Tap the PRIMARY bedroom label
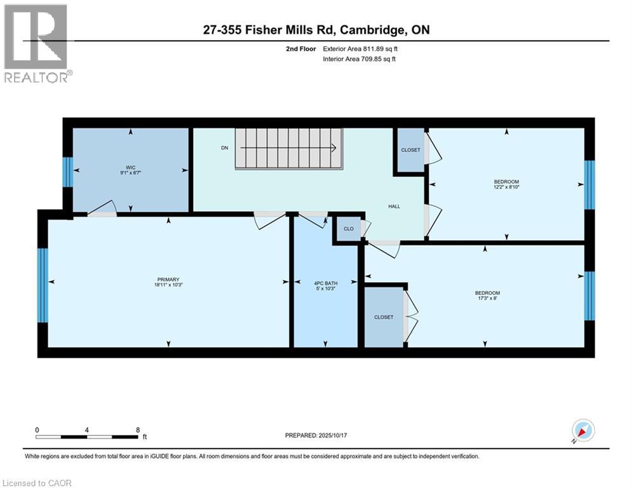pyautogui.click(x=168, y=279)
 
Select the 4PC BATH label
pyautogui.click(x=324, y=282)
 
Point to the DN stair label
pyautogui.click(x=224, y=148)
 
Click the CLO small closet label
pyautogui.click(x=348, y=229)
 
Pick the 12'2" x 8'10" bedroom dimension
pyautogui.click(x=506, y=187)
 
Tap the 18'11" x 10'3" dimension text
pyautogui.click(x=168, y=285)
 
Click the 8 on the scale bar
pyautogui.click(x=138, y=430)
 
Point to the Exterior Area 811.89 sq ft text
pyautogui.click(x=361, y=48)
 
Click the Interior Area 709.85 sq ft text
pyautogui.click(x=360, y=59)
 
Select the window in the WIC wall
pyautogui.click(x=67, y=172)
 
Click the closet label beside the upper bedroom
pyautogui.click(x=410, y=150)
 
